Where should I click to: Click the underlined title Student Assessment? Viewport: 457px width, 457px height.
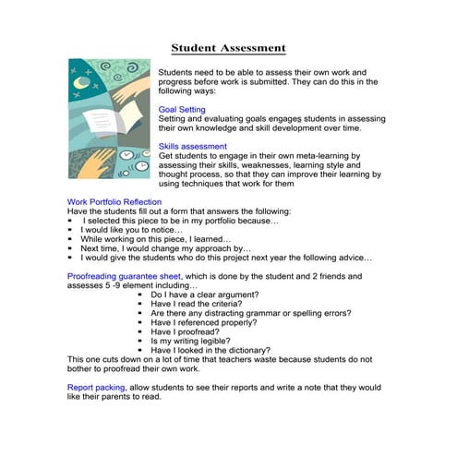pos(229,48)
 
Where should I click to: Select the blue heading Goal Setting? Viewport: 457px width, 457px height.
pos(182,109)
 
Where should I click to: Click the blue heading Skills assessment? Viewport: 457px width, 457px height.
pos(192,146)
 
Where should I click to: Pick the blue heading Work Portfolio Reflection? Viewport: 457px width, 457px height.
pos(114,201)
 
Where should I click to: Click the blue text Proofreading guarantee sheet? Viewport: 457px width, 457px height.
pos(126,275)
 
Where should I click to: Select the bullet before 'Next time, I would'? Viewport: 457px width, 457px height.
pos(71,247)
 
